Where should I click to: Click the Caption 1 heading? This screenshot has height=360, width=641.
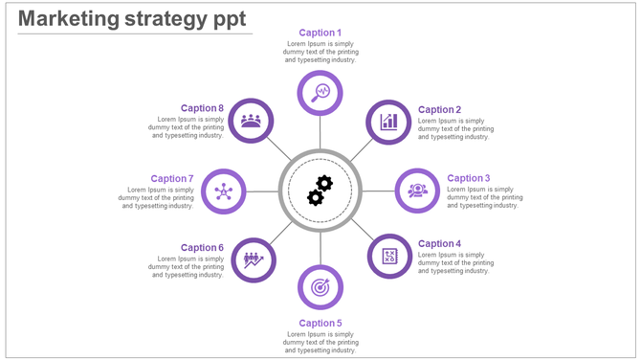tap(320, 33)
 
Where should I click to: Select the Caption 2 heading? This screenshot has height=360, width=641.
tap(439, 110)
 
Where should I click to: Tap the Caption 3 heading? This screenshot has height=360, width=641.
tap(469, 178)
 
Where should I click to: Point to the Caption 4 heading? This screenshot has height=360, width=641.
tap(439, 244)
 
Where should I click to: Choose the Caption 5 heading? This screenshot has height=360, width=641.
tap(320, 324)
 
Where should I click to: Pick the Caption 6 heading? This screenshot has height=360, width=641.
tap(202, 248)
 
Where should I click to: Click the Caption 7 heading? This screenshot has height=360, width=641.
tap(172, 179)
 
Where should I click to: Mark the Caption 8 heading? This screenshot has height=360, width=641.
tap(202, 109)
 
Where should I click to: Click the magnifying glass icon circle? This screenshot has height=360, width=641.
tap(320, 93)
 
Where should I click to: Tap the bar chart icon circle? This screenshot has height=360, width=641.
tap(388, 122)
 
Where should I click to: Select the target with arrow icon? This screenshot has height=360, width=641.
tap(320, 286)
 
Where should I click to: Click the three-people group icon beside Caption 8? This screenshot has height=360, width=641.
tap(251, 121)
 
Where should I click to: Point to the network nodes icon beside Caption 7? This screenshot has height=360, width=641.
tap(224, 191)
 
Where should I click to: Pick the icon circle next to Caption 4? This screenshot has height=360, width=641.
tap(389, 257)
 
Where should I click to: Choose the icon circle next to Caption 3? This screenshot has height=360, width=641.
tap(417, 191)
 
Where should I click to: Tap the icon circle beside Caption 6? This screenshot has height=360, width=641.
tap(254, 259)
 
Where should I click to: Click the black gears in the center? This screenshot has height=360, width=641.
tap(320, 191)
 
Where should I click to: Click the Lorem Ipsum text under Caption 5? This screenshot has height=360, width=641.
tap(320, 343)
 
